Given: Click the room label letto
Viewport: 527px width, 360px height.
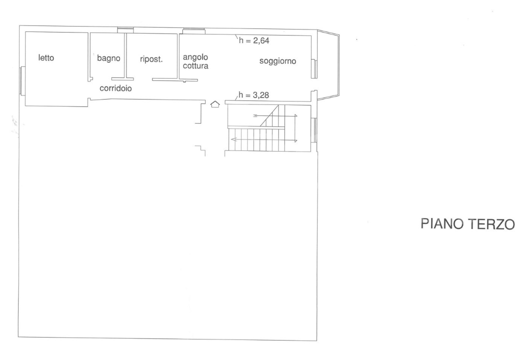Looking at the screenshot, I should point(46,58).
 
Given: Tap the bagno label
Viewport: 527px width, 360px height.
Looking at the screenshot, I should point(108,58).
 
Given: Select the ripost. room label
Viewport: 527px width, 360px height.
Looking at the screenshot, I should point(151,58).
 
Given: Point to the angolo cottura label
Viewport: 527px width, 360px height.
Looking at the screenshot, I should point(195,61).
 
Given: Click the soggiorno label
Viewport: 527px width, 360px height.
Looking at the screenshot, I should point(277,61).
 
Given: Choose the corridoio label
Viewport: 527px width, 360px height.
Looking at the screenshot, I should point(115,87).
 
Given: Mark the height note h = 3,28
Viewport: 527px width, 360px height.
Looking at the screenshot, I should point(255,95).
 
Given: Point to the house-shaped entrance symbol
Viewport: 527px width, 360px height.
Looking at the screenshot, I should point(215,104).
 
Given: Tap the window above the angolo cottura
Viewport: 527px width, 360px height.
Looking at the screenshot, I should point(194,31).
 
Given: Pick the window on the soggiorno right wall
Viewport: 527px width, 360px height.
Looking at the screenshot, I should point(314,68).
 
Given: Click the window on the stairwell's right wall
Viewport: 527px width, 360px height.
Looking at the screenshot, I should point(314,129).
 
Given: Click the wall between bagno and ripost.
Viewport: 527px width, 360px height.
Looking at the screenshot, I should point(126,55).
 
